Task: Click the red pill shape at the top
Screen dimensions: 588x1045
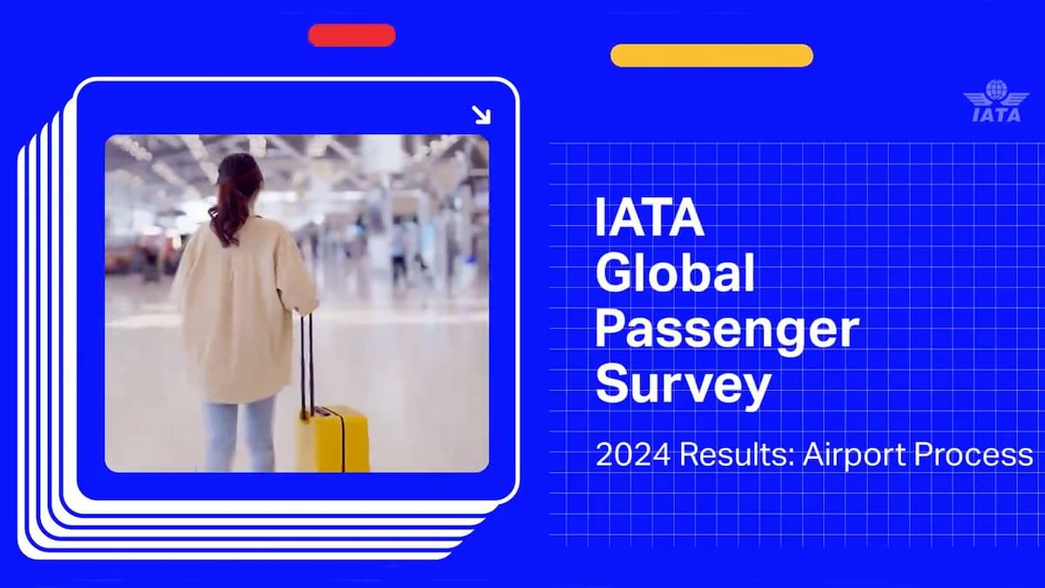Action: coord(352,36)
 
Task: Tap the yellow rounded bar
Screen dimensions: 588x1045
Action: coord(711,56)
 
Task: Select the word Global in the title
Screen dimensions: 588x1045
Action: coord(674,274)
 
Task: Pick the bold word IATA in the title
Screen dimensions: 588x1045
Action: coord(650,219)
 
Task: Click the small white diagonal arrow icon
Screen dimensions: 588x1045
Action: coord(481,114)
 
